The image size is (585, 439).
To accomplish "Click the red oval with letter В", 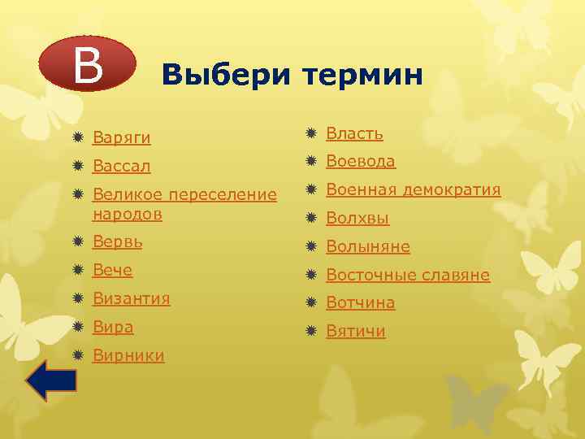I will [x=89, y=63].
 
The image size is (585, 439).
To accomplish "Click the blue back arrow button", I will [x=50, y=380].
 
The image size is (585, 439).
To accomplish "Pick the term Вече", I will [x=113, y=270].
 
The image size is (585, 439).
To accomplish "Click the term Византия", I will [x=132, y=298].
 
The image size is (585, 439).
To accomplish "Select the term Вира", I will [x=113, y=327].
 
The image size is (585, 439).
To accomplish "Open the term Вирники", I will [x=128, y=355].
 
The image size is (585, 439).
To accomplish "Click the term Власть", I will [x=355, y=133].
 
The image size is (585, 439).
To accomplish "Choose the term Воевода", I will [x=361, y=161].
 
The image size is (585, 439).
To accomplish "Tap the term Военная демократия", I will [x=414, y=189].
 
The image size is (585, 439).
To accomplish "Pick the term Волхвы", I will [x=357, y=218].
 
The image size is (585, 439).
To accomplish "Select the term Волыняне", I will [x=368, y=246].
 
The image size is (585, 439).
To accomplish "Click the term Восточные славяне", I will [x=408, y=275].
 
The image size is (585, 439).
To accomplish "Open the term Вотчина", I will [x=361, y=302].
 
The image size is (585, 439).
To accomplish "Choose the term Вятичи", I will [x=356, y=331].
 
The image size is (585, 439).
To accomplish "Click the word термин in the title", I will [x=362, y=76].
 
